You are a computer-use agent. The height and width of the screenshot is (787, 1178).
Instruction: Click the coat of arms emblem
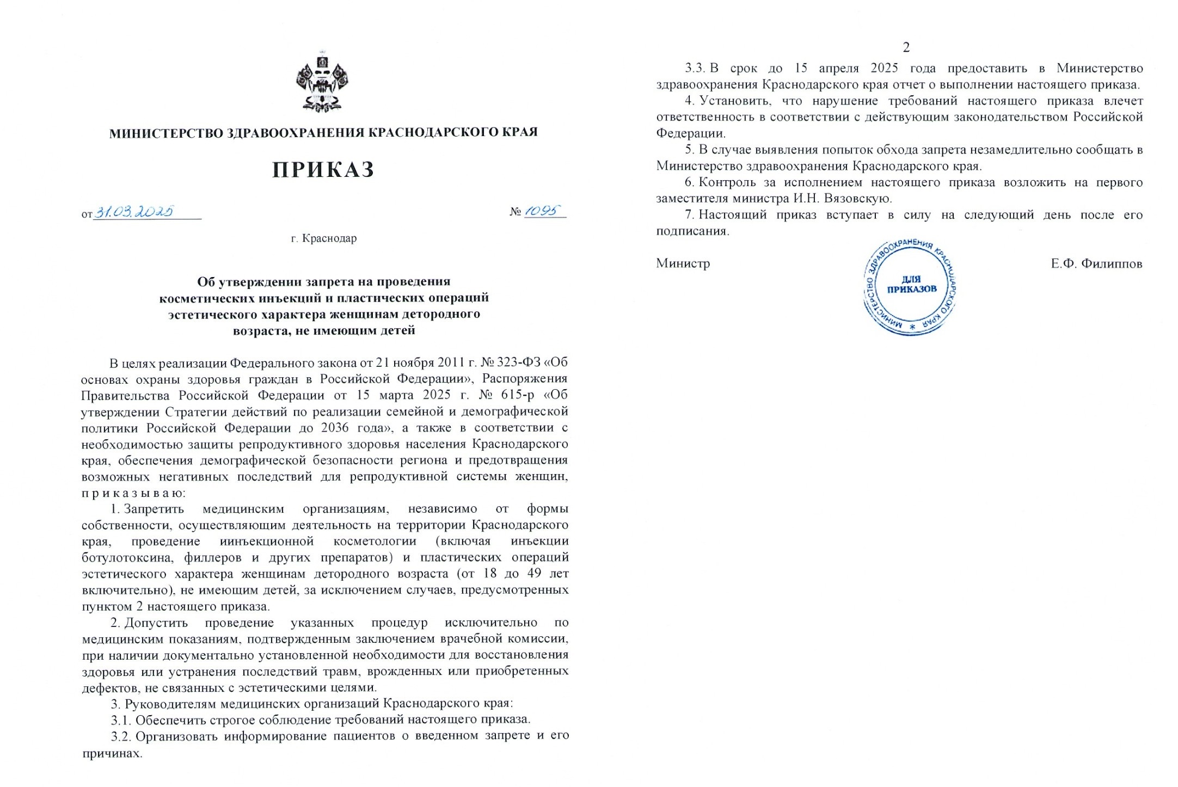click(322, 82)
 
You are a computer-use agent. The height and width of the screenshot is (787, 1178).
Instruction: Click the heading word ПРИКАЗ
click(323, 170)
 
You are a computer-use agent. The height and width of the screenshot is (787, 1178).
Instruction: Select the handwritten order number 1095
click(543, 211)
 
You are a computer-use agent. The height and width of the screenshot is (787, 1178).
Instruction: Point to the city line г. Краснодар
click(324, 238)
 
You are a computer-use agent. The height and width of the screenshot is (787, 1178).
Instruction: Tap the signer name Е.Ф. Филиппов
click(1096, 264)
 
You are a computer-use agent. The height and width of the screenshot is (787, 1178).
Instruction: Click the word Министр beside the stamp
click(683, 264)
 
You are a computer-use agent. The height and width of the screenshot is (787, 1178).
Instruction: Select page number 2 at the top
click(906, 48)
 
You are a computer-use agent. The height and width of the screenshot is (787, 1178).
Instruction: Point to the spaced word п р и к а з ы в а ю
click(134, 493)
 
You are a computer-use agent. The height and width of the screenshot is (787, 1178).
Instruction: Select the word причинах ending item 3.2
click(111, 754)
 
